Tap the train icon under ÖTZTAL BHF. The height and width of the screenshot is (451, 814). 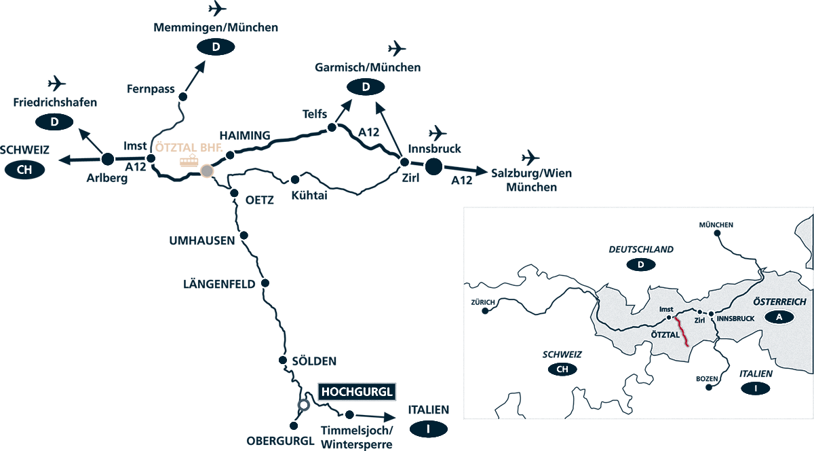(189, 160)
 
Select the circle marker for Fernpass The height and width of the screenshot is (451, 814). (182, 96)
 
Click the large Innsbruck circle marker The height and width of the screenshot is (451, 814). (433, 165)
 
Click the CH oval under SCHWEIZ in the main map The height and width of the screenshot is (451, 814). (24, 170)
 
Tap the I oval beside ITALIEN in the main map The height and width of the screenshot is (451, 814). (429, 429)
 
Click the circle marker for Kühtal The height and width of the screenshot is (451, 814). (295, 180)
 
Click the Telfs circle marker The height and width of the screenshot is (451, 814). (332, 127)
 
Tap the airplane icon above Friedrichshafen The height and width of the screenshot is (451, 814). (57, 84)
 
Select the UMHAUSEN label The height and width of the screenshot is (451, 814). (202, 240)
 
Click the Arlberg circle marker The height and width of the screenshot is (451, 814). (106, 160)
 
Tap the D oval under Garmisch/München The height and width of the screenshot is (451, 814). (366, 87)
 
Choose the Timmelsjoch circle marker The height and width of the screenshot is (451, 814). (349, 414)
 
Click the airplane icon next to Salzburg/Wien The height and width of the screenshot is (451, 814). (530, 157)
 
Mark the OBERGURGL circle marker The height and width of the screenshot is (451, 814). (294, 426)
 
